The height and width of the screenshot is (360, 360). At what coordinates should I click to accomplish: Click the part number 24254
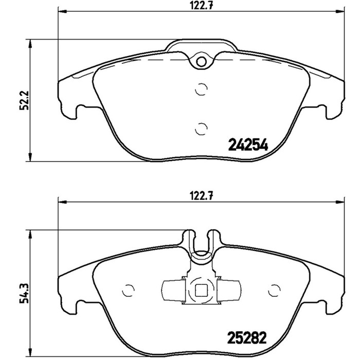coord(248,145)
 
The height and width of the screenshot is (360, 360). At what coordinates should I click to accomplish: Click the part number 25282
coord(247,337)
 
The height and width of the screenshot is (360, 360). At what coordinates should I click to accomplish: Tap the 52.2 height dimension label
coord(24,100)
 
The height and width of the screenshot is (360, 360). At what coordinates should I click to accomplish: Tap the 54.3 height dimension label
coord(24,293)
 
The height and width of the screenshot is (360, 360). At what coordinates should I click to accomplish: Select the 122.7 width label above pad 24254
coord(202,6)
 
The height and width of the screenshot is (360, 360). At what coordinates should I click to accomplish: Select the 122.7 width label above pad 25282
coord(202,196)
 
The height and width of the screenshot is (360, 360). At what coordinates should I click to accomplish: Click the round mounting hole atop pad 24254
coord(202,62)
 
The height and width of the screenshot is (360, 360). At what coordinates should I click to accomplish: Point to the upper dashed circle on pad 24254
coord(201,89)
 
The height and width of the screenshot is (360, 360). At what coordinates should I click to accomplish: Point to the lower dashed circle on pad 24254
coord(201,129)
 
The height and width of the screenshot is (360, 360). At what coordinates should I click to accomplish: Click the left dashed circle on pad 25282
coord(128,291)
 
